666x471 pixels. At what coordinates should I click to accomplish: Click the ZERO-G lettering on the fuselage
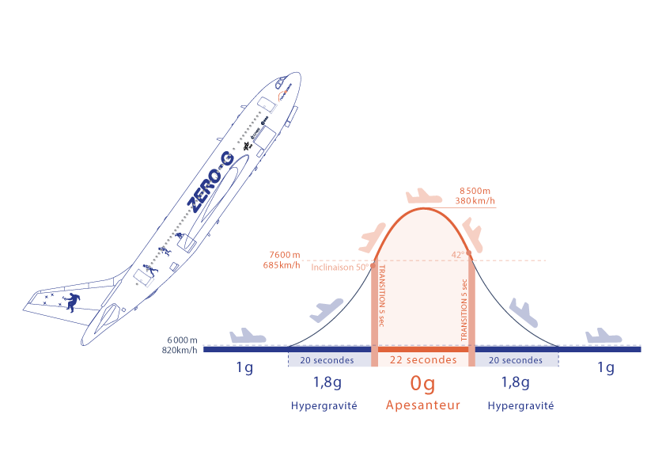click(x=210, y=181)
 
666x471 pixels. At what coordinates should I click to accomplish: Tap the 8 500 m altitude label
click(x=477, y=190)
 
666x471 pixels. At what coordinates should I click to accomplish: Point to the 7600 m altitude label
click(x=285, y=254)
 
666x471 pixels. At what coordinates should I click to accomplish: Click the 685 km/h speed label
click(x=282, y=264)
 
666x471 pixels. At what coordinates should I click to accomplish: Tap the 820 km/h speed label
click(x=180, y=349)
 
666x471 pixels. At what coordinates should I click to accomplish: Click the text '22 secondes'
click(x=423, y=359)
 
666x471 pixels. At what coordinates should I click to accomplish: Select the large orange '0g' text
click(x=422, y=384)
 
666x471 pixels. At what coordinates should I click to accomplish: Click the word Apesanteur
click(x=422, y=405)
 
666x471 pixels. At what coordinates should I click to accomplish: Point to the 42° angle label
click(x=456, y=254)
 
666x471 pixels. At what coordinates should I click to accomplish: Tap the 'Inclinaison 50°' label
click(x=339, y=267)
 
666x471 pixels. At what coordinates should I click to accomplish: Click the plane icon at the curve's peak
click(x=422, y=196)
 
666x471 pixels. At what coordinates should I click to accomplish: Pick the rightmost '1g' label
click(x=605, y=367)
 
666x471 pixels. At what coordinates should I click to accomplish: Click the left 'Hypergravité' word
click(x=324, y=405)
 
